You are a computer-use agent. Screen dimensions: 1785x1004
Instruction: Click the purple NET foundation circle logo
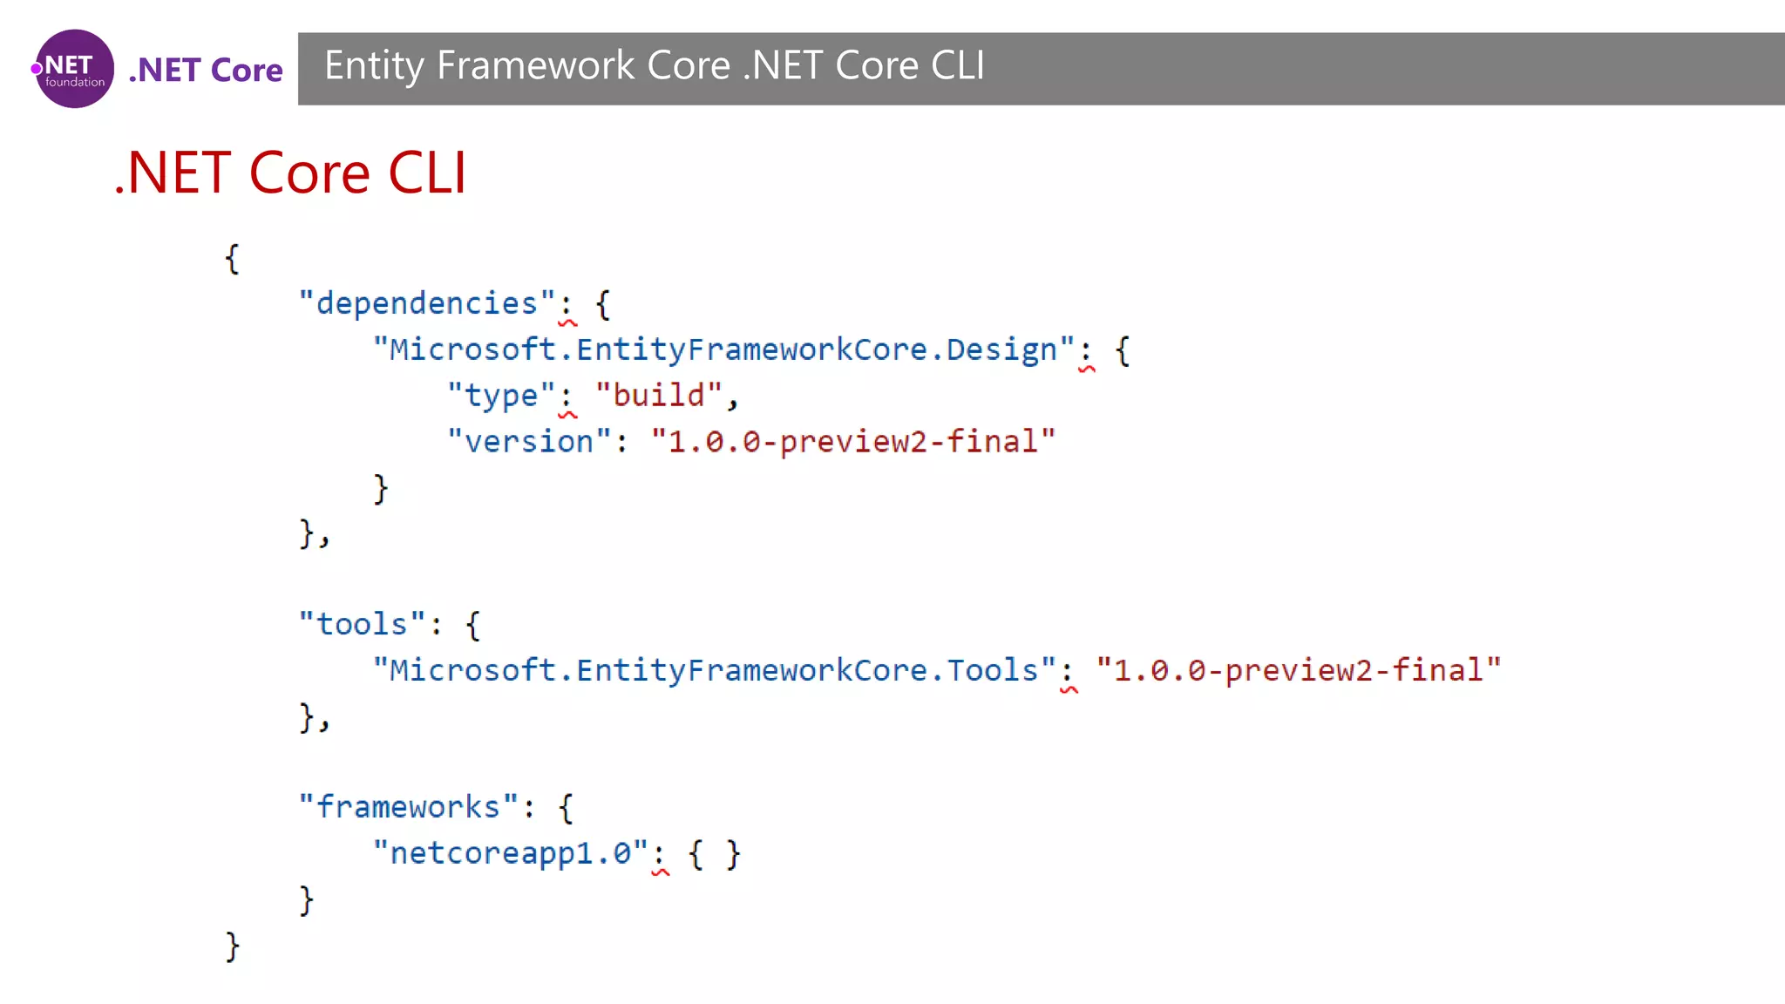coord(74,69)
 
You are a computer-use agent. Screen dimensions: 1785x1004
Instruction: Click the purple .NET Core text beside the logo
coord(206,70)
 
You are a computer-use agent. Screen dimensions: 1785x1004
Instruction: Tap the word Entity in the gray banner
coord(374,66)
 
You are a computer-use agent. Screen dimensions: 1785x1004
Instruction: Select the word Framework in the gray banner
coord(535,66)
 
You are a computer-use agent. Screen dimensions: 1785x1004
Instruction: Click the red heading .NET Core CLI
coord(291,173)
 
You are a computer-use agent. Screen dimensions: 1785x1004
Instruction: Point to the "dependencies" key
coord(426,303)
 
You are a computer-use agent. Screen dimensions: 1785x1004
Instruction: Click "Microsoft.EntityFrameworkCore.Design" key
coord(723,349)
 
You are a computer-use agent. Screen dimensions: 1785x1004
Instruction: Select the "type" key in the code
coord(500,396)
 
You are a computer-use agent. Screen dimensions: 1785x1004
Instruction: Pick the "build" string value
coord(659,396)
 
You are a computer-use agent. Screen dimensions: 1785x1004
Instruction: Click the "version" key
coord(529,442)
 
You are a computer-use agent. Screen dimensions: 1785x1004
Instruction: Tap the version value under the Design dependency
coord(852,442)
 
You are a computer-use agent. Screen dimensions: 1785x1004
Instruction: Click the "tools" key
coord(362,625)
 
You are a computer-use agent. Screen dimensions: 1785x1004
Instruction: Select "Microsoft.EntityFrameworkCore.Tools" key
coord(714,670)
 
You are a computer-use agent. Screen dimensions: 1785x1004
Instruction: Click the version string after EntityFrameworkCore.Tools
coord(1298,670)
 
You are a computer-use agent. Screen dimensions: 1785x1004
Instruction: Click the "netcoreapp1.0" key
coord(511,853)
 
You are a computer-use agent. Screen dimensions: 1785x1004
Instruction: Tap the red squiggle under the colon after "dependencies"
coord(567,323)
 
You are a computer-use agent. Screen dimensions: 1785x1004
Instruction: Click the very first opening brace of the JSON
coord(232,259)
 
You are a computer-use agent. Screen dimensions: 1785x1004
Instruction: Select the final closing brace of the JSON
coord(232,946)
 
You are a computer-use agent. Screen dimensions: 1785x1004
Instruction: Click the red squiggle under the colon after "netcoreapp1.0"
coord(661,872)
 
